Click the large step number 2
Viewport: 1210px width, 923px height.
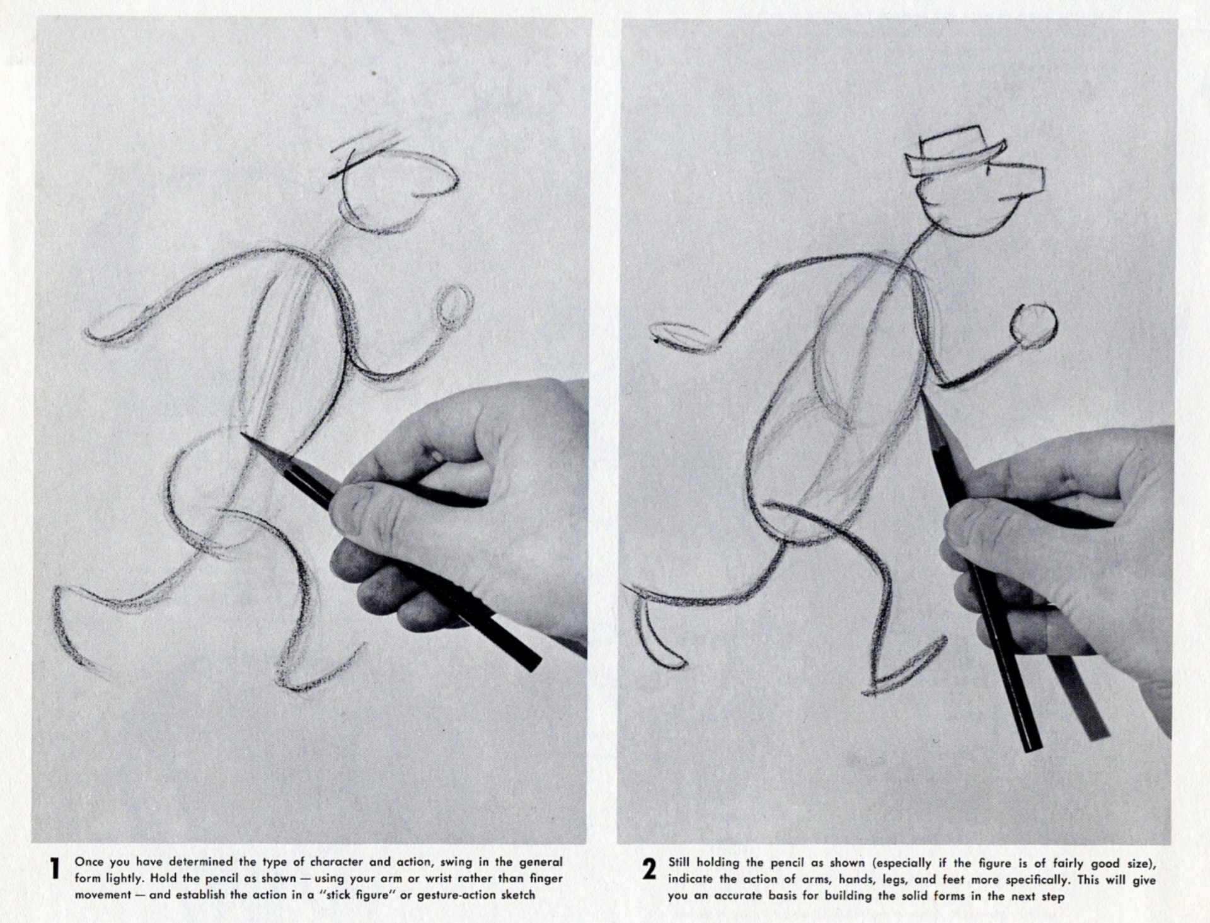[x=650, y=869]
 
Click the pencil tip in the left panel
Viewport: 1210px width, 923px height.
[x=245, y=436]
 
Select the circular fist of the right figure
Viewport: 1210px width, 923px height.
[x=1033, y=326]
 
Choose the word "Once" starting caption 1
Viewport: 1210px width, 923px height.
[x=89, y=861]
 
